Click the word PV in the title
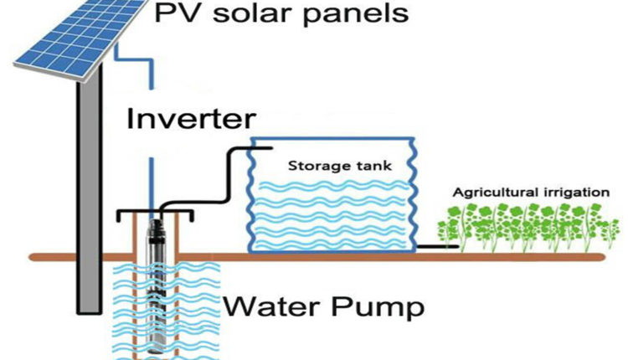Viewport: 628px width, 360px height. [174, 14]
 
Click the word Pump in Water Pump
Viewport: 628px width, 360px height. [378, 307]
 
